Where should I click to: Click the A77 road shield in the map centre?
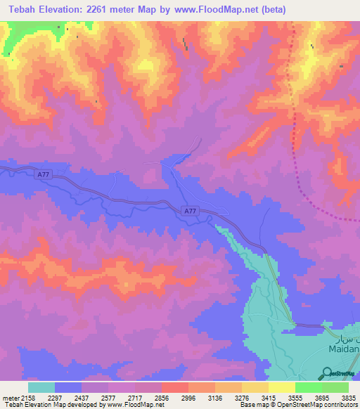pyautogui.click(x=189, y=211)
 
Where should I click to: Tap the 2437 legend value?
pyautogui.click(x=94, y=397)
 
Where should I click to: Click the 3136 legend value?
pyautogui.click(x=228, y=397)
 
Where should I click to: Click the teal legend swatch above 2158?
pyautogui.click(x=41, y=387)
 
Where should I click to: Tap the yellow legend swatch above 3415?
pyautogui.click(x=281, y=387)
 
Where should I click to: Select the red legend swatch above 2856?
pyautogui.click(x=174, y=387)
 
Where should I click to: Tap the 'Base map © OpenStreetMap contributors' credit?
pyautogui.click(x=298, y=405)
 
